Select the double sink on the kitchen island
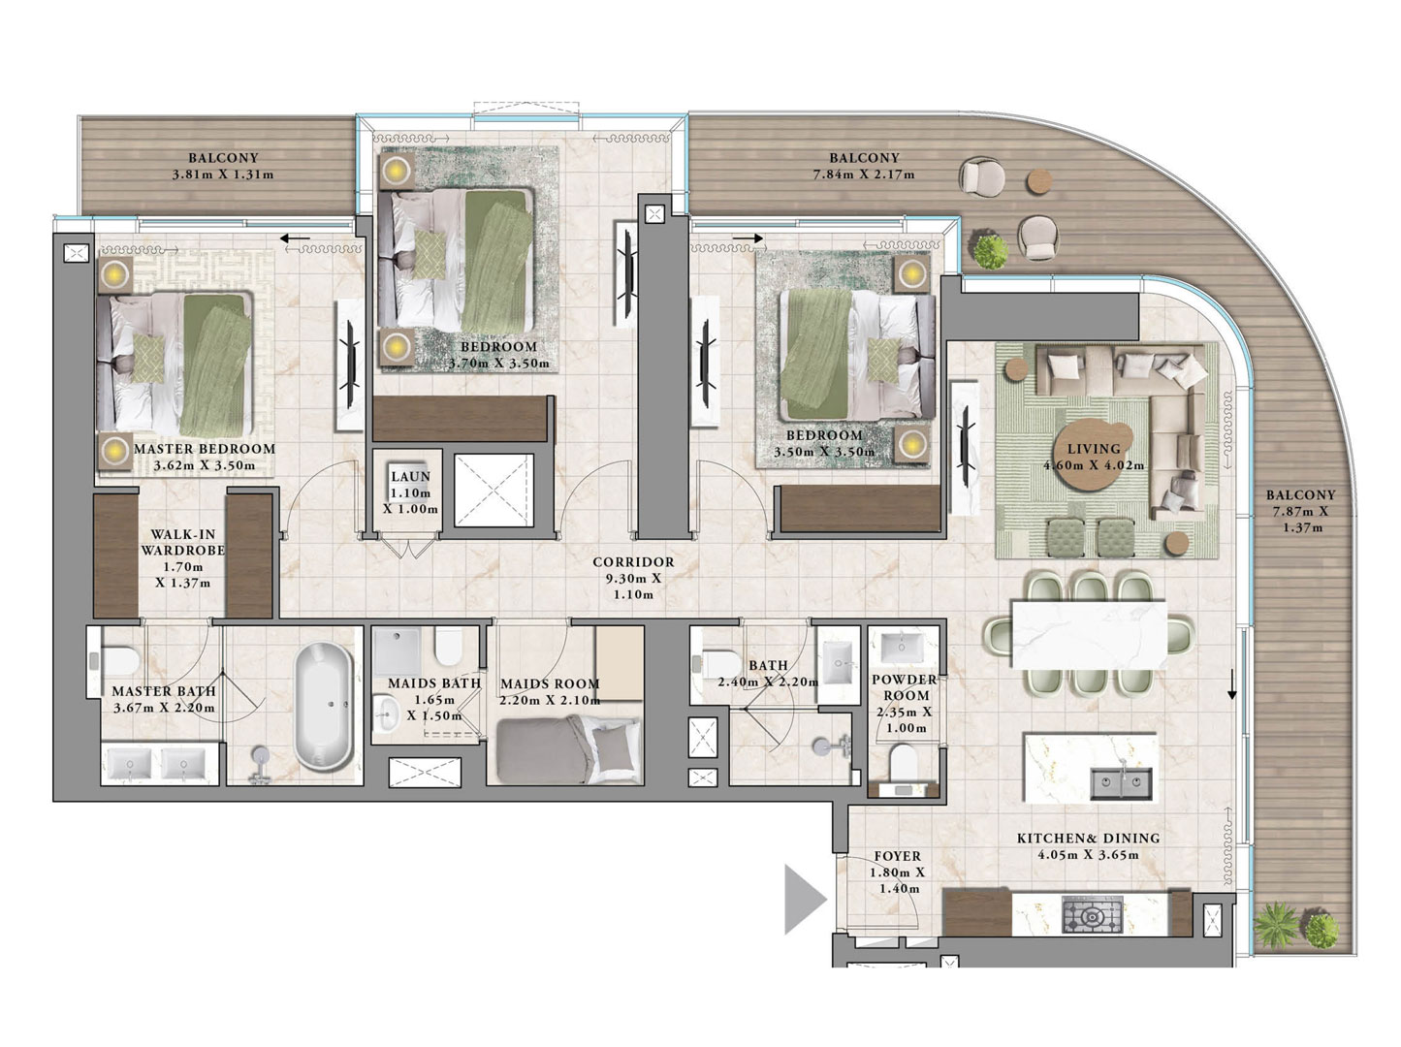click(1121, 783)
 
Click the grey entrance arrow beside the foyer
click(805, 899)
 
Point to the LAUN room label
click(410, 477)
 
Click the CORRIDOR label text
click(633, 562)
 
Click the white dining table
click(1089, 634)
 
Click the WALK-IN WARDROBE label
click(183, 542)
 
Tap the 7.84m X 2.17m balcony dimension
click(864, 174)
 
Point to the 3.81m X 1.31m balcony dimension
click(223, 174)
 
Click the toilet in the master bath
click(118, 660)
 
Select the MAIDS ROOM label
click(550, 684)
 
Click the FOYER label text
click(898, 856)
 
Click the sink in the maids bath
click(385, 715)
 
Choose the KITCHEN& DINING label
click(1088, 839)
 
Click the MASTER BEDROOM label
click(205, 449)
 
